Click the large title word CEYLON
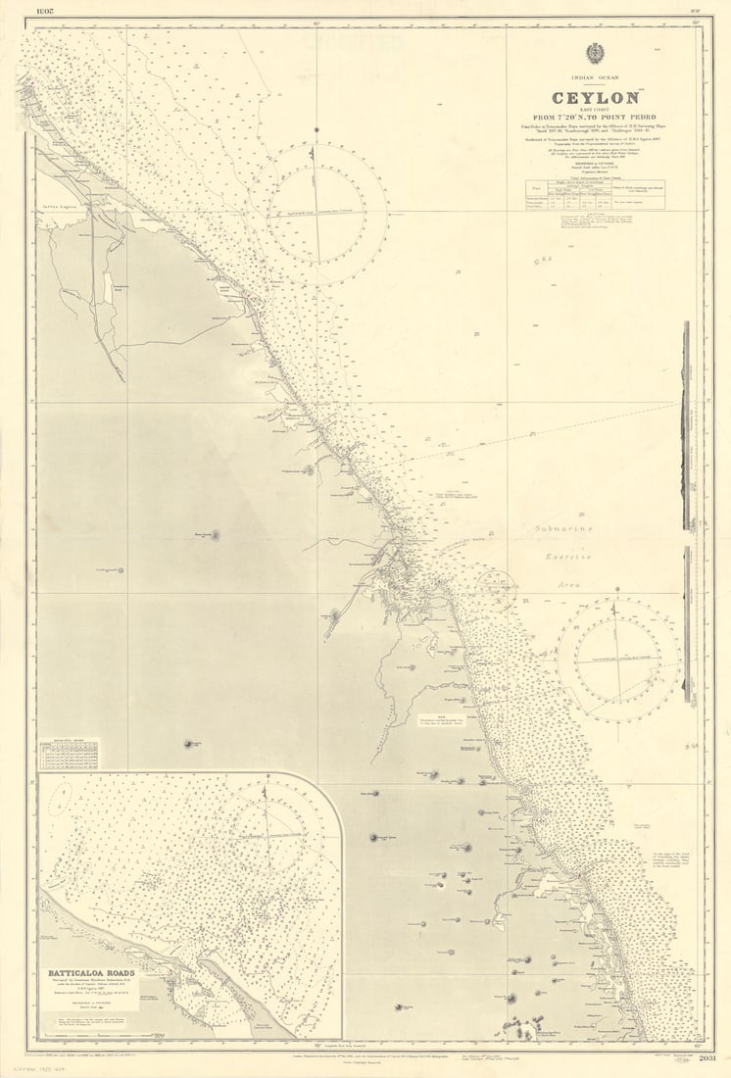click(x=595, y=98)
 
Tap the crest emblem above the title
click(x=595, y=54)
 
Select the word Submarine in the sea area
click(x=563, y=529)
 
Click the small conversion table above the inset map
click(x=69, y=754)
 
